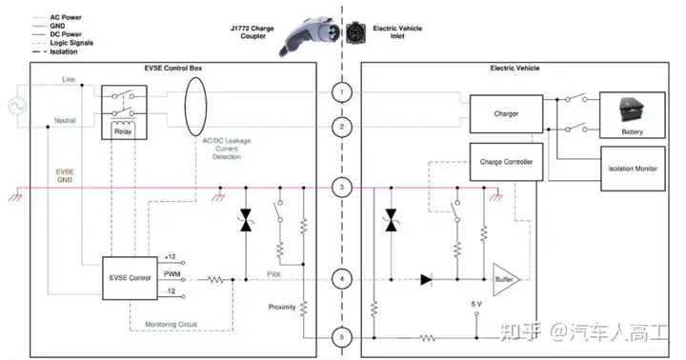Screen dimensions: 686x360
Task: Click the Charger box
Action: [506, 113]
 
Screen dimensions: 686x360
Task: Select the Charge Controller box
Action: [506, 162]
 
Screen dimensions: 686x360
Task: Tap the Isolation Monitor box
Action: [633, 169]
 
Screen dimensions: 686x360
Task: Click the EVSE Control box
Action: [130, 278]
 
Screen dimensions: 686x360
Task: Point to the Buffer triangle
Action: [505, 279]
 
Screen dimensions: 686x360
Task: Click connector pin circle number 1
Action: [342, 92]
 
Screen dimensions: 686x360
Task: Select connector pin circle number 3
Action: [342, 188]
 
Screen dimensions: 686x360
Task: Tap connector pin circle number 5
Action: [342, 337]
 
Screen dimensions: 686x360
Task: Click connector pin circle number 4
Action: [342, 279]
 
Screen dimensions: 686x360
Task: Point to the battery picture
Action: [633, 110]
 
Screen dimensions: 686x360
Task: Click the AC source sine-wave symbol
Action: [17, 106]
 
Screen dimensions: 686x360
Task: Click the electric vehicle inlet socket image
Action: [355, 32]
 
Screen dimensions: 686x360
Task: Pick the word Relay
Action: [123, 131]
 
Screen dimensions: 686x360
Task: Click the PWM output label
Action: [171, 274]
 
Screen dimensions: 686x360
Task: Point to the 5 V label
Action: [476, 304]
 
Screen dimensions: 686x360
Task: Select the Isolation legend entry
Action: [55, 51]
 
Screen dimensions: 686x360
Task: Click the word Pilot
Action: [273, 274]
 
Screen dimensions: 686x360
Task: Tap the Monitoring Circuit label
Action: [171, 325]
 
